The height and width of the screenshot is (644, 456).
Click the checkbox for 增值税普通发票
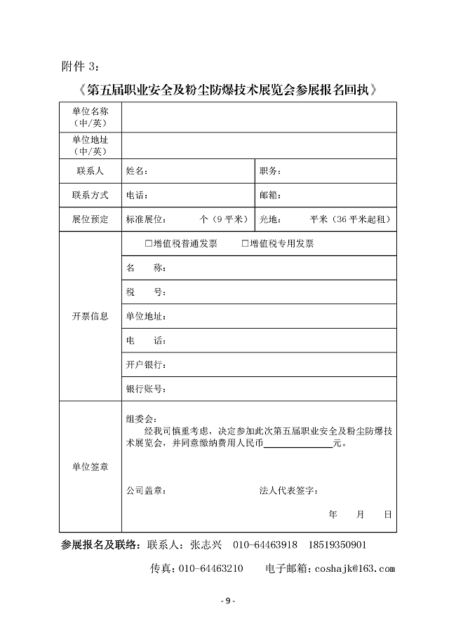click(x=149, y=244)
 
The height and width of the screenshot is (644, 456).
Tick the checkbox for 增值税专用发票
click(x=246, y=244)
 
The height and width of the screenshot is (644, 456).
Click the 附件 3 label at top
click(x=81, y=67)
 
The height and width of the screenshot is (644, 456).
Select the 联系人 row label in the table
click(x=90, y=171)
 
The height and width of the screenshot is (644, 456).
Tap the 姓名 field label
click(x=137, y=171)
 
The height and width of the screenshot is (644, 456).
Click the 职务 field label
click(x=270, y=171)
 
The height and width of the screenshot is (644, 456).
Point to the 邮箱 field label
click(x=270, y=196)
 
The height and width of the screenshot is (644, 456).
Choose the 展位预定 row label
click(x=90, y=219)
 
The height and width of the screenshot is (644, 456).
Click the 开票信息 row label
click(x=90, y=316)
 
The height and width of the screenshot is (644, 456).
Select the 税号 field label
click(x=145, y=292)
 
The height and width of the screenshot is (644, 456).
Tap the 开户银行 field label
click(x=145, y=365)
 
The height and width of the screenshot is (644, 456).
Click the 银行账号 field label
click(x=145, y=389)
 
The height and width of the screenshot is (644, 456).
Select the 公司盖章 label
click(x=146, y=491)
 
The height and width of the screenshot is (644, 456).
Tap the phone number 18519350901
click(x=335, y=545)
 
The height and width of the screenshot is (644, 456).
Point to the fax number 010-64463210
click(x=212, y=568)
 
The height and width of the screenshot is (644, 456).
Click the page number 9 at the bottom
click(x=227, y=601)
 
